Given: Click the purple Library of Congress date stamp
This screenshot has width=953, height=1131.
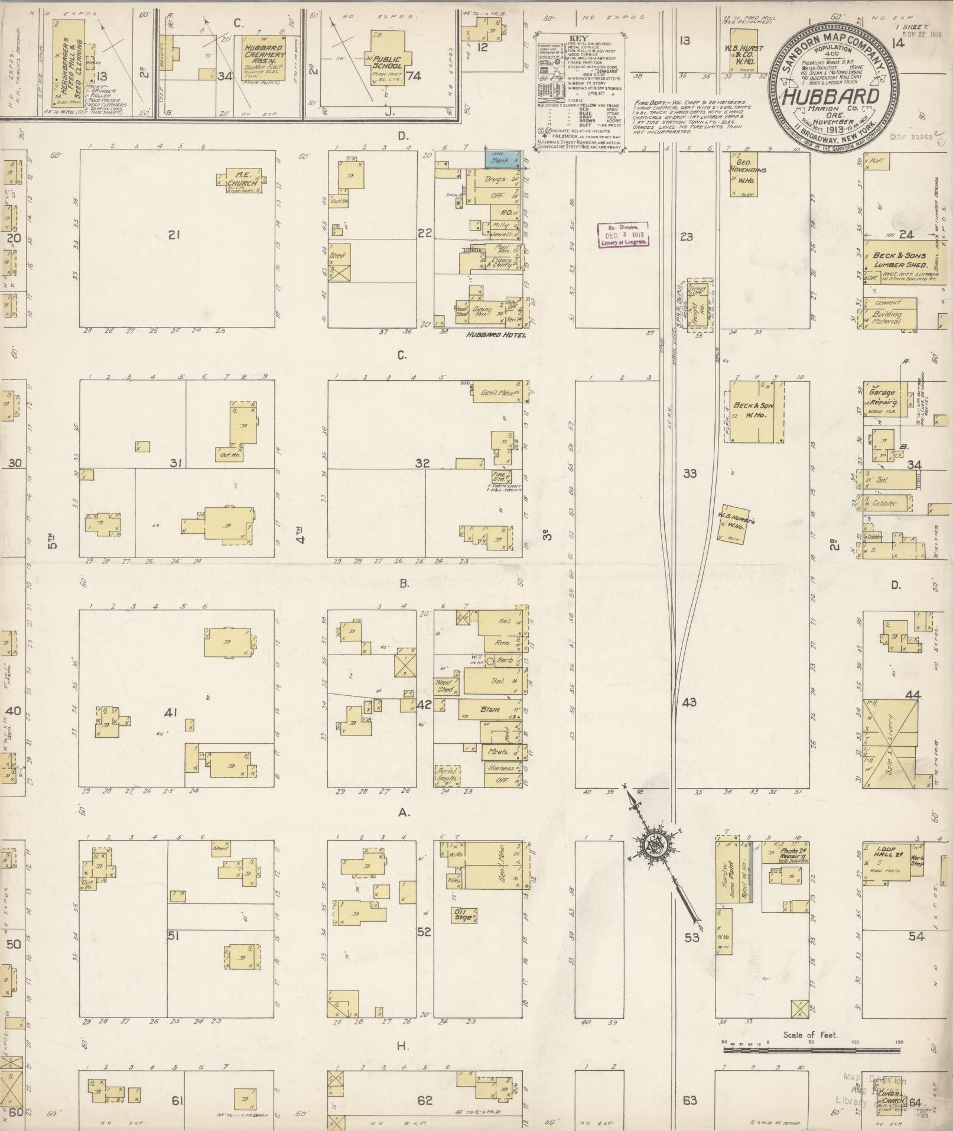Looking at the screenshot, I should pyautogui.click(x=623, y=234).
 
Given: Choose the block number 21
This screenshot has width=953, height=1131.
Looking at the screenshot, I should pyautogui.click(x=173, y=235).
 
